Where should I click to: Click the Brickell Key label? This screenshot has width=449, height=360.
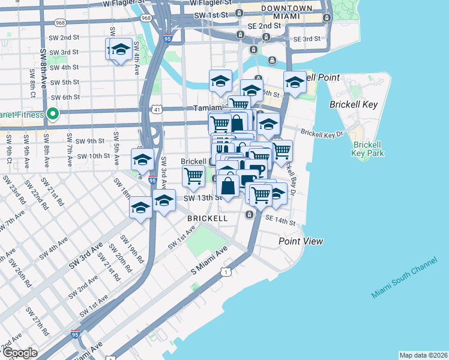354,104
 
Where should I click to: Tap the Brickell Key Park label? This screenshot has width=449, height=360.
368,149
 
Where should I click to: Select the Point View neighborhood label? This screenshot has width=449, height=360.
301,241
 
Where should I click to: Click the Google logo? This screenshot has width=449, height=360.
19,353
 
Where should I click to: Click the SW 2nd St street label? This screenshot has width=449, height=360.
65,37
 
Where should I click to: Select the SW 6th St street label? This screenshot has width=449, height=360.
65,97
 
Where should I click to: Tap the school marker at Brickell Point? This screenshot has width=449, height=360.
295,83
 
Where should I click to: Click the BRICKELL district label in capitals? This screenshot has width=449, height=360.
207,218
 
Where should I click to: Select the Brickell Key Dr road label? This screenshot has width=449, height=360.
322,133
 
